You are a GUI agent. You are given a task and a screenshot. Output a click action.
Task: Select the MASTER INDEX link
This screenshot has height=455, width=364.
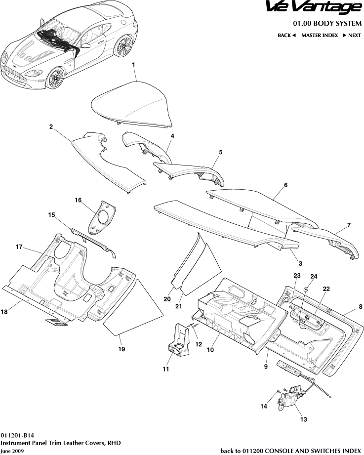point(320,36)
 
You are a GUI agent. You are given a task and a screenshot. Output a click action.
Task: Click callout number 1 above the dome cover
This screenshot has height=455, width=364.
point(134,65)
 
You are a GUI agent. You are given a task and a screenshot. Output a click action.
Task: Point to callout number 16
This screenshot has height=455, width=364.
point(78,200)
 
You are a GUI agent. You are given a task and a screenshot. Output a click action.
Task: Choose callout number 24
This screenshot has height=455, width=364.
point(314,276)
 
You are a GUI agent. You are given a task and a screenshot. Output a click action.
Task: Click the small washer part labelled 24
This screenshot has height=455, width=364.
point(306,290)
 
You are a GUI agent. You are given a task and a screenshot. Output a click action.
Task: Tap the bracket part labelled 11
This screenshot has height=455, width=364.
point(179,340)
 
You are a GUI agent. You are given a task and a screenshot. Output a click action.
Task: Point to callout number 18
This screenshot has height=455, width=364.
point(4,312)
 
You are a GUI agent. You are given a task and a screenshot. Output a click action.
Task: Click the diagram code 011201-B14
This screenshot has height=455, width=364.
point(17,436)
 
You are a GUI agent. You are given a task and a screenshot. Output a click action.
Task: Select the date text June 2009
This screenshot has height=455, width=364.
point(12,451)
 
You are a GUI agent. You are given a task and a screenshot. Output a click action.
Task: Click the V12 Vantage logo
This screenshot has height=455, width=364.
point(314,8)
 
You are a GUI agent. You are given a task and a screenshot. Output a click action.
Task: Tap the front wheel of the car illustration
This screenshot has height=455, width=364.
point(55,79)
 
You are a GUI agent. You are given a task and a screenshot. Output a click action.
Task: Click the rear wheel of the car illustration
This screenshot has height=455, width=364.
point(123,46)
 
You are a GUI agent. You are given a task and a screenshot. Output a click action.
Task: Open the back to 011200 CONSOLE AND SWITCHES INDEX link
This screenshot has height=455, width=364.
point(290,451)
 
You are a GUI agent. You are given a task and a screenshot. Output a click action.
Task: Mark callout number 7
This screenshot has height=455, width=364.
point(349,225)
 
